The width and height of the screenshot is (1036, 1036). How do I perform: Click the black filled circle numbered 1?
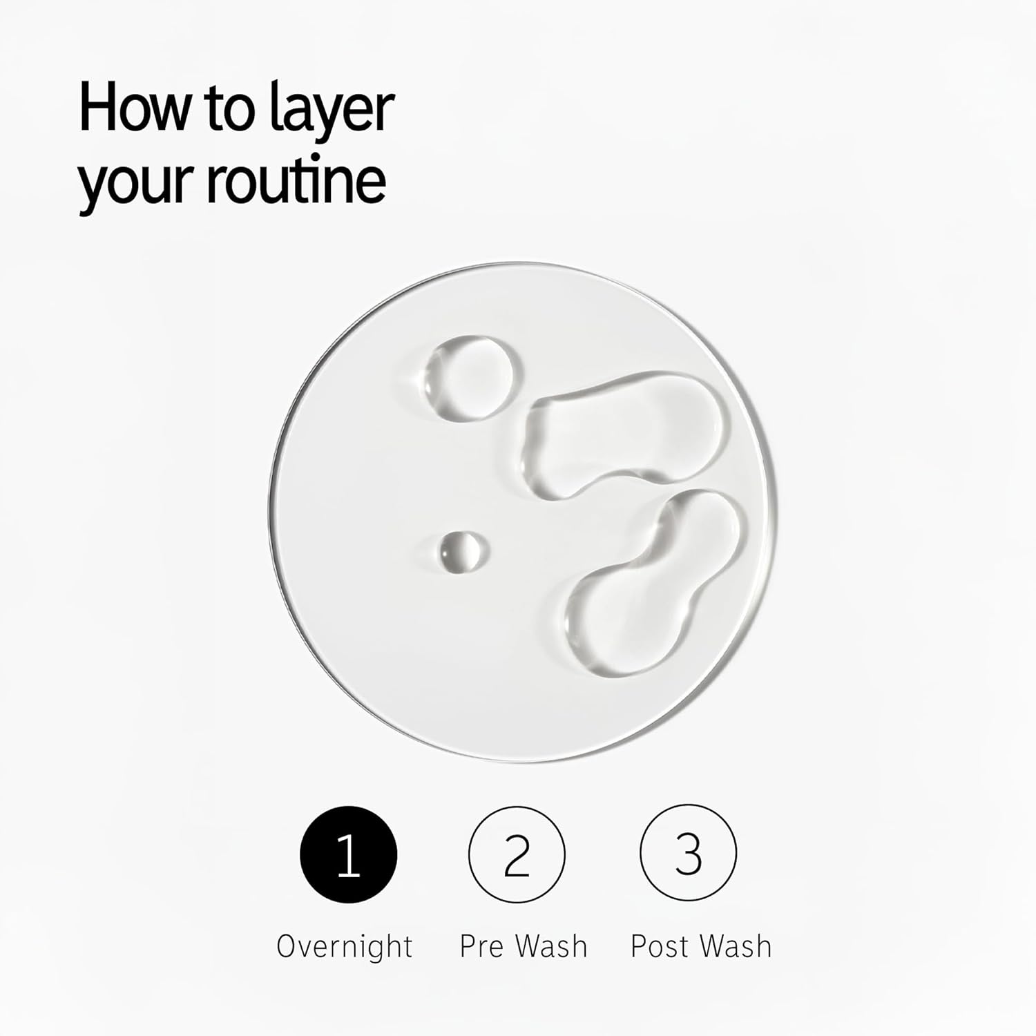coord(349,854)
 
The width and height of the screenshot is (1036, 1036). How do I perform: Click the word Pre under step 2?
coord(483,946)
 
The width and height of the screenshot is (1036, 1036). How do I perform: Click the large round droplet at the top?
coord(470,377)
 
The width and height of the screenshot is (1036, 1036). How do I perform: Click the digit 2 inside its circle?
coord(517,855)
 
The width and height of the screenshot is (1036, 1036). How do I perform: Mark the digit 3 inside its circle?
coord(688,855)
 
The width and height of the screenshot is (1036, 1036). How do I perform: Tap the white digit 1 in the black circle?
coord(349,855)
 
